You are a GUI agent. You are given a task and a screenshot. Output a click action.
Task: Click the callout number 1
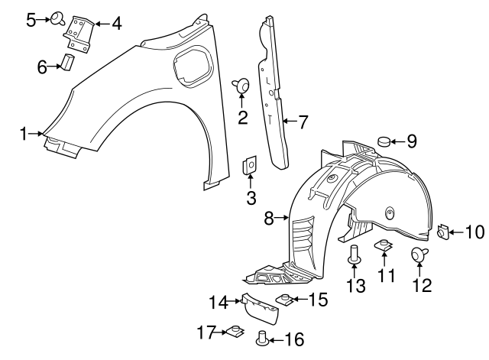pos(24,134)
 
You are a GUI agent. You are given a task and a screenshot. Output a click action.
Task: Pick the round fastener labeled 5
pos(58,18)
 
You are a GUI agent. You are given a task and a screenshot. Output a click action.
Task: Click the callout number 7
pos(303,121)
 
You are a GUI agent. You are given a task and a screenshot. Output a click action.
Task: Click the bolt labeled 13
pos(355,255)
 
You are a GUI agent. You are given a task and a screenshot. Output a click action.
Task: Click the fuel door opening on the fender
pos(189,64)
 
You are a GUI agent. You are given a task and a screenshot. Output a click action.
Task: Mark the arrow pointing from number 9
pos(401,141)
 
